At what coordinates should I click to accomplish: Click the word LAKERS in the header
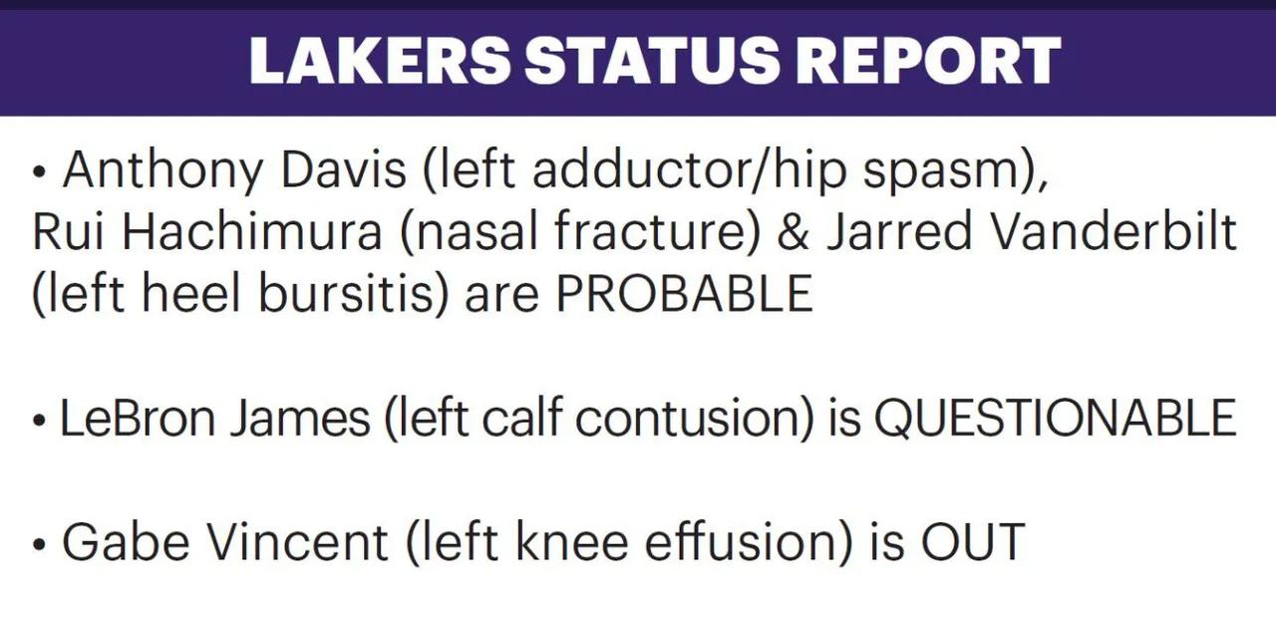pos(380,60)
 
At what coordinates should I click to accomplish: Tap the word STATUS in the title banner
pos(651,60)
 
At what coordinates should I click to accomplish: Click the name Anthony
pos(162,171)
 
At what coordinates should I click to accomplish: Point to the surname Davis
pos(344,169)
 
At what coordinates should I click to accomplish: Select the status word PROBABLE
pos(684,293)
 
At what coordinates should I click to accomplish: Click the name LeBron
pos(137,418)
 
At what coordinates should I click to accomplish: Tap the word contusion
pos(694,418)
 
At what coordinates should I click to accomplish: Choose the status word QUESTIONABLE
pos(1055,418)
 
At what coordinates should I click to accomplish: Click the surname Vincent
pos(297,541)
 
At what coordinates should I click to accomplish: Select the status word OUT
pos(973,541)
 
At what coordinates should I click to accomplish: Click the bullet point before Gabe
pos(39,545)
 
